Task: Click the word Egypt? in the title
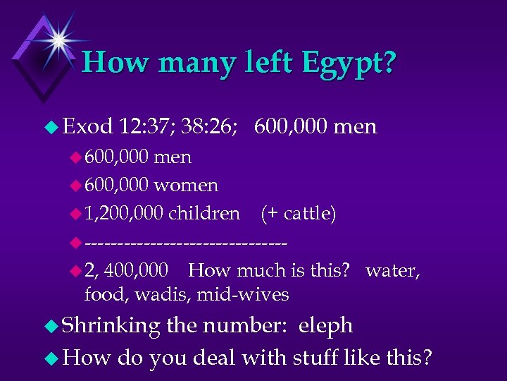[349, 63]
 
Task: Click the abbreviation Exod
[88, 127]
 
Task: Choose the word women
[186, 186]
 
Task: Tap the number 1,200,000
[123, 214]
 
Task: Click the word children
[204, 214]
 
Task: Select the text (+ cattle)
[298, 214]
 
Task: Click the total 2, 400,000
[126, 270]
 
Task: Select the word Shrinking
[112, 326]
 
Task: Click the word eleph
[325, 326]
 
